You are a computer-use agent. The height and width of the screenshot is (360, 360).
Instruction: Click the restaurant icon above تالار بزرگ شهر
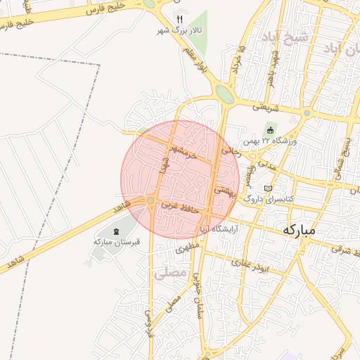(179, 19)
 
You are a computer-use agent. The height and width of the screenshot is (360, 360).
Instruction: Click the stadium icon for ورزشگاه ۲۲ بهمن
(269, 129)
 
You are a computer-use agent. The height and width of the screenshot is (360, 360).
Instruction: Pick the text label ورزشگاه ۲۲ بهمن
(290, 142)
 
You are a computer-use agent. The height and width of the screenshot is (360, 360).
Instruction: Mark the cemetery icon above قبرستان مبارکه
(117, 231)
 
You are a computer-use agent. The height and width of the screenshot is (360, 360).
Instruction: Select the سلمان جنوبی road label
(195, 287)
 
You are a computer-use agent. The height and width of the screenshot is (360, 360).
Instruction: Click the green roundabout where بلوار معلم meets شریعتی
(224, 94)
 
